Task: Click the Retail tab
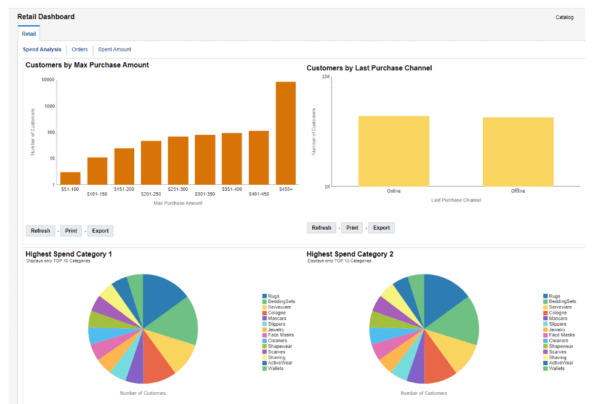tap(29, 33)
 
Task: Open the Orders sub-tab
tap(80, 49)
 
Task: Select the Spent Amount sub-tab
tap(114, 49)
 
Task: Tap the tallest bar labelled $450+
tap(286, 133)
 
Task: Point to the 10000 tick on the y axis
tap(47, 78)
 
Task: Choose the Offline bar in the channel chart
tap(518, 151)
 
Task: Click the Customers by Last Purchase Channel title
tap(375, 68)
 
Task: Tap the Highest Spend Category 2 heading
tap(350, 254)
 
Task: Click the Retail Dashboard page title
tap(46, 17)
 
